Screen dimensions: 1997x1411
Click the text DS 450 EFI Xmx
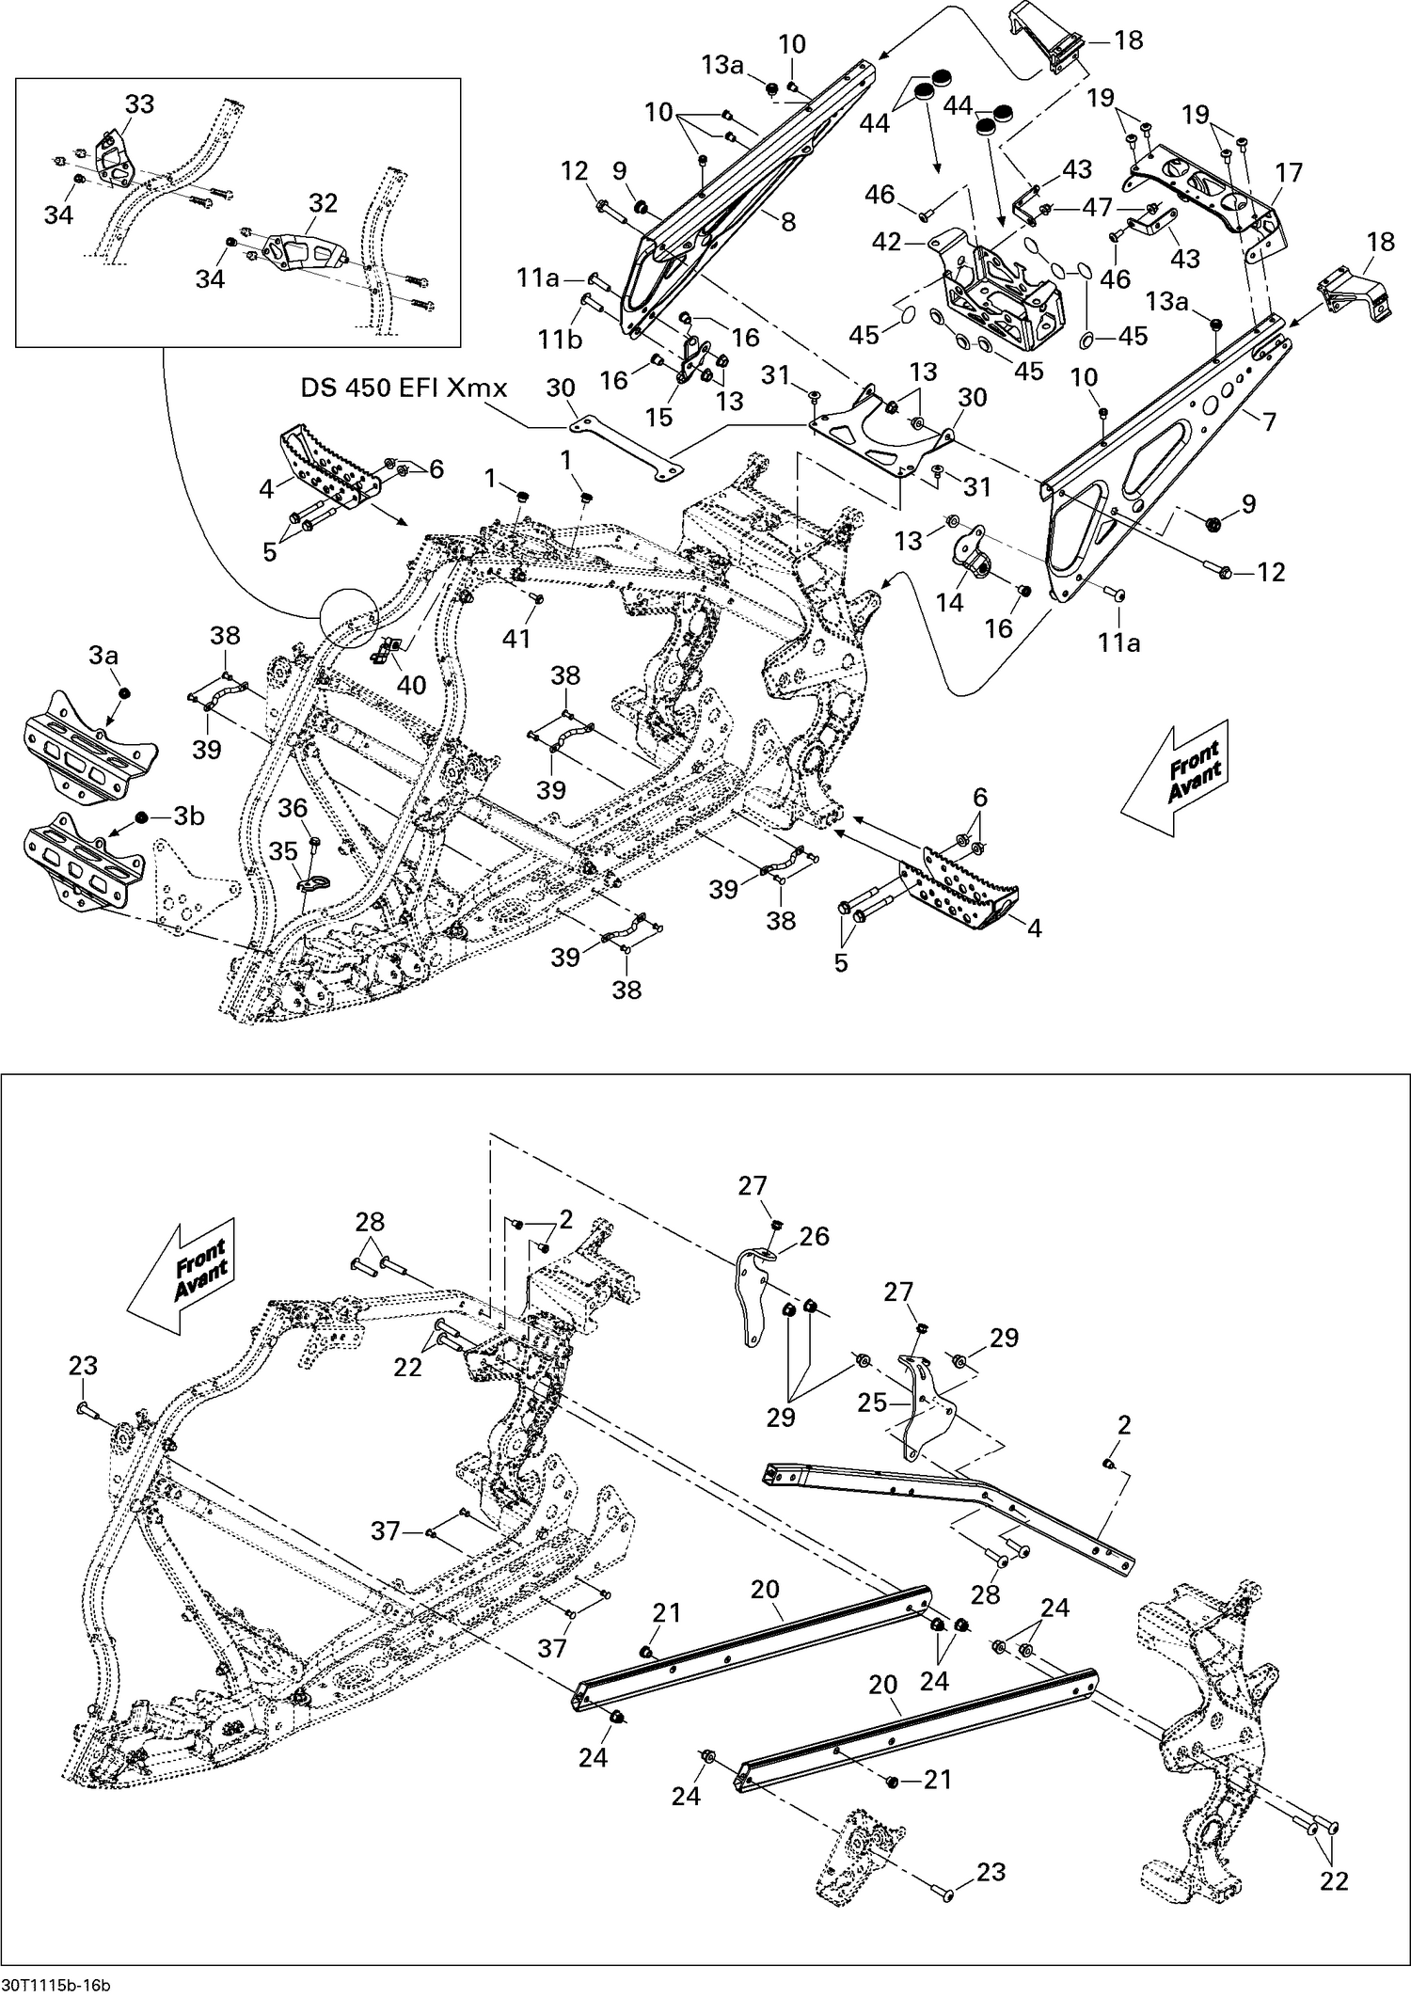404,388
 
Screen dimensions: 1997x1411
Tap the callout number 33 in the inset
139,104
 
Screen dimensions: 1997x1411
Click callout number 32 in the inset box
323,203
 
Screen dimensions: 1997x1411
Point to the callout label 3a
103,656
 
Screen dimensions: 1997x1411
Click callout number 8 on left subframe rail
788,222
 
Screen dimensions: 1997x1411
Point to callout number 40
411,684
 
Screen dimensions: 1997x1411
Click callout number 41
516,639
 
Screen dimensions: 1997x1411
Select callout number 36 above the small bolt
293,808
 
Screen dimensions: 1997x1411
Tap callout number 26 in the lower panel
815,1236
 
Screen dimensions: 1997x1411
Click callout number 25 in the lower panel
872,1403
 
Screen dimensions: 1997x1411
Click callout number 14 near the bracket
950,601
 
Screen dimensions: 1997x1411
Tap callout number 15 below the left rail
659,416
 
